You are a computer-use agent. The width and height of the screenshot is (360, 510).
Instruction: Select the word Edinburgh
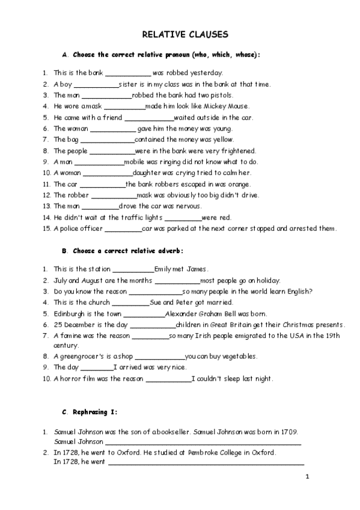[70, 313]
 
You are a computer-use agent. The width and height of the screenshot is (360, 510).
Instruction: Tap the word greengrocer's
[83, 356]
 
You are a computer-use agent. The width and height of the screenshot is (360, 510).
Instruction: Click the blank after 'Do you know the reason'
[156, 292]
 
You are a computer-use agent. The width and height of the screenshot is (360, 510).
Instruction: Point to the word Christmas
[299, 325]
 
